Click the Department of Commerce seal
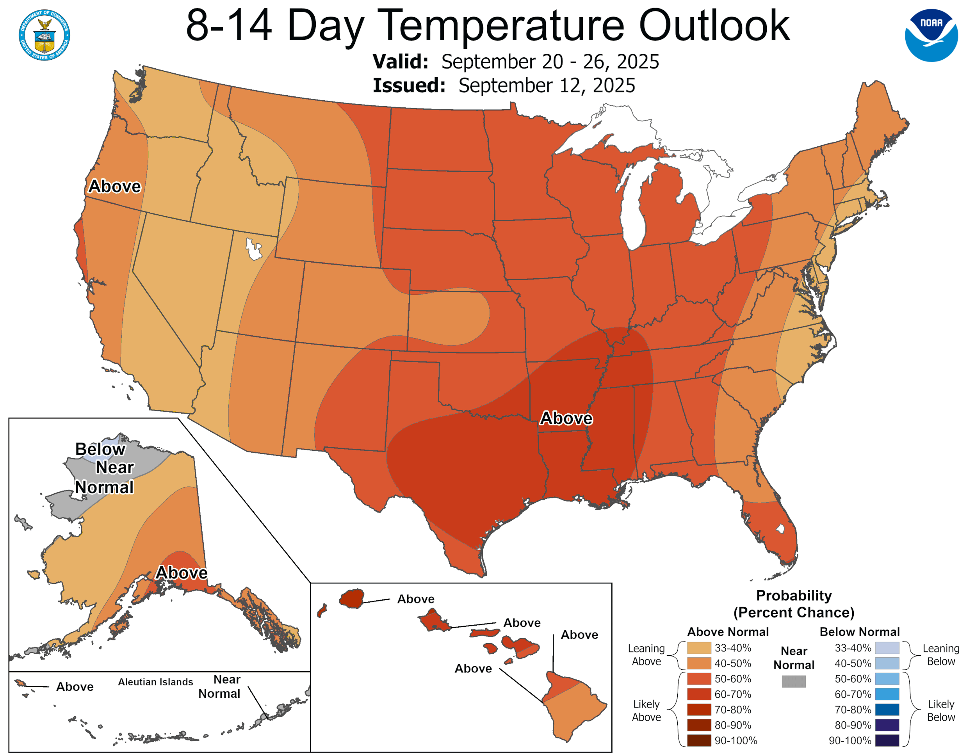pyautogui.click(x=44, y=35)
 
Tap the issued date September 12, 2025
pyautogui.click(x=547, y=85)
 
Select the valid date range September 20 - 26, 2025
pyautogui.click(x=550, y=62)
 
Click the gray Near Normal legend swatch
pyautogui.click(x=794, y=681)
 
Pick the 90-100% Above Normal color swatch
pyautogui.click(x=699, y=740)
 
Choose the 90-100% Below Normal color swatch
pyautogui.click(x=887, y=740)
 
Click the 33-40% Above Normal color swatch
pyautogui.click(x=699, y=648)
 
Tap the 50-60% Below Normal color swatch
pyautogui.click(x=887, y=679)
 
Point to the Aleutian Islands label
pyautogui.click(x=155, y=682)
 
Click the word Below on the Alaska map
pyautogui.click(x=100, y=449)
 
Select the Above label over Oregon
pyautogui.click(x=114, y=186)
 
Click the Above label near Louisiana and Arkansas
pyautogui.click(x=566, y=418)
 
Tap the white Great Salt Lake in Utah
pyautogui.click(x=254, y=249)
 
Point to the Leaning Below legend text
pyautogui.click(x=941, y=654)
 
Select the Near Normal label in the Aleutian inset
pyautogui.click(x=219, y=686)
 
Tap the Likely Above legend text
pyautogui.click(x=646, y=710)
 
